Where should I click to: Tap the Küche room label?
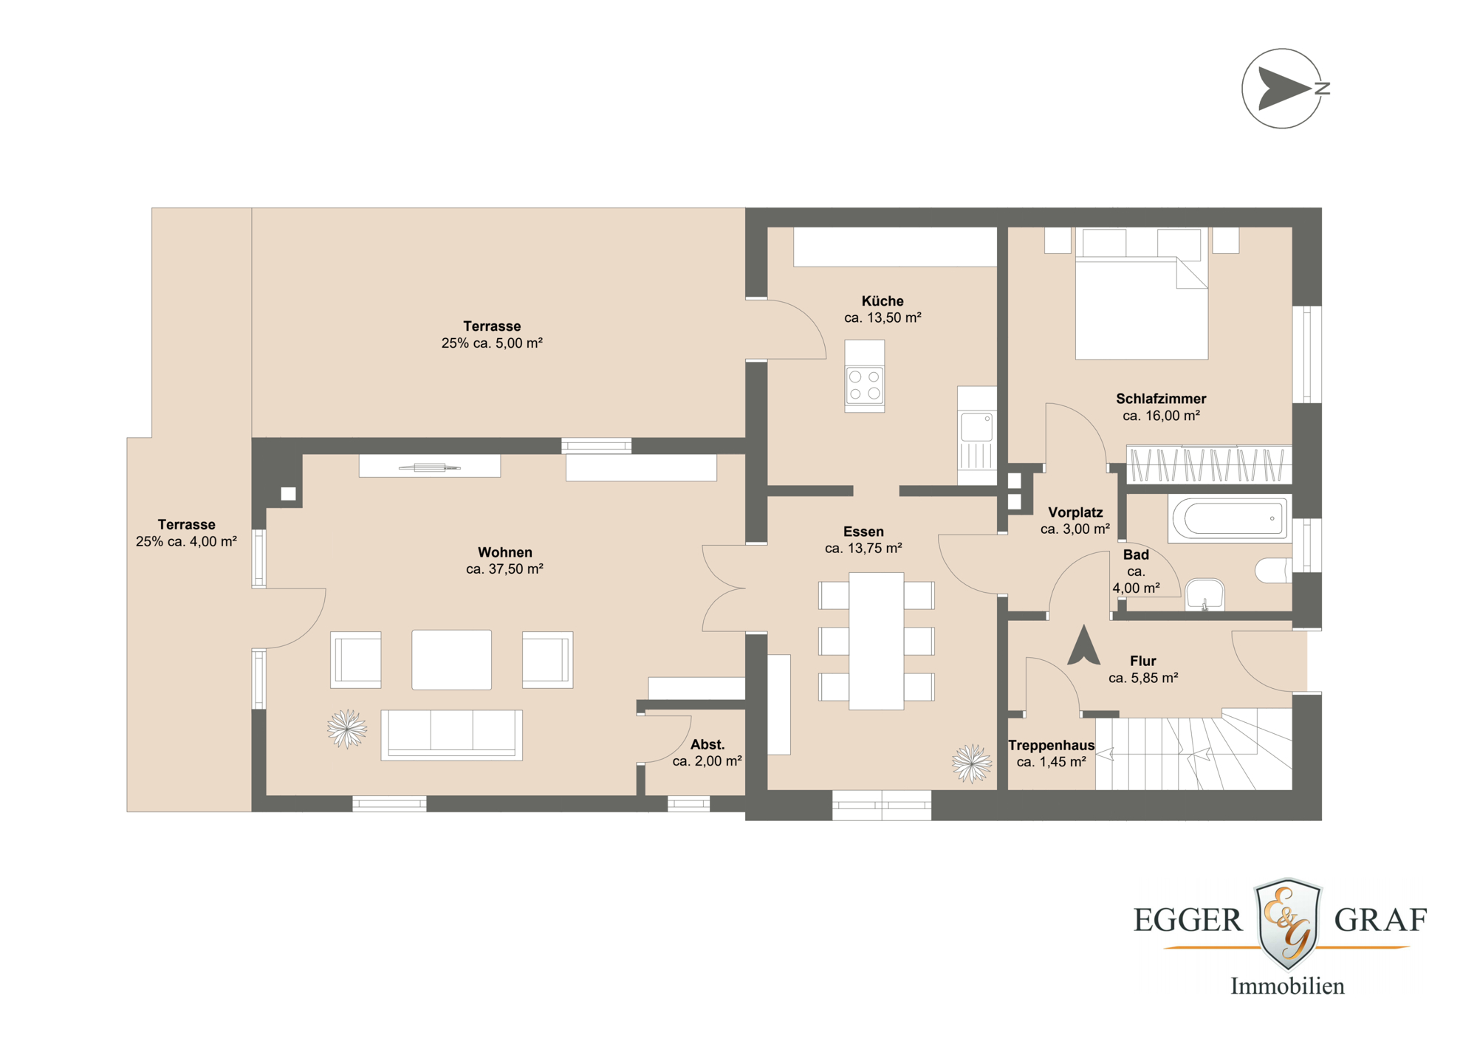tap(883, 301)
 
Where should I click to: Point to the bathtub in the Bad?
tap(1230, 518)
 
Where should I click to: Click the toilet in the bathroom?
tap(1273, 570)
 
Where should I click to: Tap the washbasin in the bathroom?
tap(1204, 594)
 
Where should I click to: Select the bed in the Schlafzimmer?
tap(1141, 303)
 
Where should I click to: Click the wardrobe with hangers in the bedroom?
tap(1208, 465)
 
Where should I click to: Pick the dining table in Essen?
tap(876, 641)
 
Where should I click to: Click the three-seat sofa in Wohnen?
tap(451, 734)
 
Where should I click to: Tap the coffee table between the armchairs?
tap(451, 659)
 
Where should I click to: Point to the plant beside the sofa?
tap(346, 729)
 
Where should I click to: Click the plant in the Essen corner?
tap(971, 763)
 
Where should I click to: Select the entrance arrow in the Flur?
tap(1083, 645)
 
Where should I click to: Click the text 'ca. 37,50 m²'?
tap(504, 569)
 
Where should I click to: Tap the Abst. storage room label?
tap(707, 745)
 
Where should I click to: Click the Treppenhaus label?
tap(1051, 746)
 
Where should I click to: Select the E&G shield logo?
tap(1287, 923)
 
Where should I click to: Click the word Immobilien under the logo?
tap(1286, 986)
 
